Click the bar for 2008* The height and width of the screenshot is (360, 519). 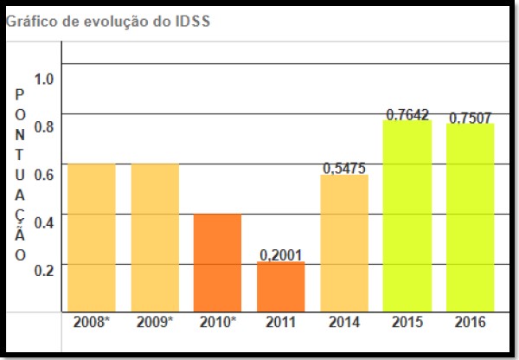point(92,237)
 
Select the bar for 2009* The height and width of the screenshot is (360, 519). point(155,237)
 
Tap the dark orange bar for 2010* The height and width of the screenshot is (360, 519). point(218,262)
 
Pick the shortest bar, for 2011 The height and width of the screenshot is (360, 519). point(281,286)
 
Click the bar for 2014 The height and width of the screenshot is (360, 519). point(344,243)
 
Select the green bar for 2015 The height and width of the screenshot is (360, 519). point(407,215)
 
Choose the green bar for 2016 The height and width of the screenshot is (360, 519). point(471,217)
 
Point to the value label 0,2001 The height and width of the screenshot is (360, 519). point(281,254)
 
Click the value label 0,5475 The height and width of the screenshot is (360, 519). point(344,168)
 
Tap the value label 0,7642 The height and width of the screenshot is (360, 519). point(407,113)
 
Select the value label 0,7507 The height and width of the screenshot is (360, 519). point(471,117)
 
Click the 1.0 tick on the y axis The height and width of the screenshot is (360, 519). point(44,79)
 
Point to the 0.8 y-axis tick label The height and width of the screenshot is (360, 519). point(44,126)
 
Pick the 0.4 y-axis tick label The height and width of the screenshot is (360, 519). point(44,221)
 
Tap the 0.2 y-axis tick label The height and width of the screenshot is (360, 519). point(44,268)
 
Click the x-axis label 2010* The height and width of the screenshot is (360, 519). point(218,323)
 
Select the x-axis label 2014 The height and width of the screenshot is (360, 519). point(344,323)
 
